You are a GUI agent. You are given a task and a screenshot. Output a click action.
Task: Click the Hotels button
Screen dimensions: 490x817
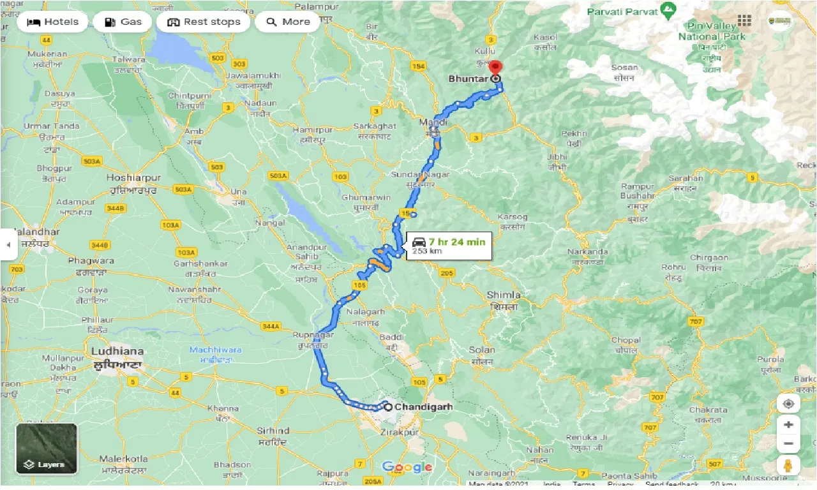point(53,22)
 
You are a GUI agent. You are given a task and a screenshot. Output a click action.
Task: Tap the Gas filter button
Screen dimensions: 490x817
point(122,22)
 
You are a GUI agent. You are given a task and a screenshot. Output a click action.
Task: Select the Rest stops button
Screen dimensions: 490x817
point(204,22)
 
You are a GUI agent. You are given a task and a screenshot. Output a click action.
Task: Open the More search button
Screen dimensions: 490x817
point(287,22)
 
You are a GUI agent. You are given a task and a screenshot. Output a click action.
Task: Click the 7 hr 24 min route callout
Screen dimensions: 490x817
point(449,246)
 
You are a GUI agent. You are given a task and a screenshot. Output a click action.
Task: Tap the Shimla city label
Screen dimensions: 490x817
point(503,295)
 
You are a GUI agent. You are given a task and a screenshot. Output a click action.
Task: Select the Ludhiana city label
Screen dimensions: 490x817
point(116,352)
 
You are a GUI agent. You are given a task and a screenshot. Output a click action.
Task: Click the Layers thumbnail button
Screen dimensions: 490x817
point(47,449)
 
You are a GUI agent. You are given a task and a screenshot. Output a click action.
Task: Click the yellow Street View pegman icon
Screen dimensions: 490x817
point(788,465)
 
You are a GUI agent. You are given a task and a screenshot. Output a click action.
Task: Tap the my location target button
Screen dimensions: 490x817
point(788,404)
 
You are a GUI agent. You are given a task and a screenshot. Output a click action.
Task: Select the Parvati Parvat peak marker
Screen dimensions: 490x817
point(668,11)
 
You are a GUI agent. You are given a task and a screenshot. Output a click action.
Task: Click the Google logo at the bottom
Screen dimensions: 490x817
point(407,468)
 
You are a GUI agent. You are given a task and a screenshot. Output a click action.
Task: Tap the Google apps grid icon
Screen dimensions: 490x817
point(745,21)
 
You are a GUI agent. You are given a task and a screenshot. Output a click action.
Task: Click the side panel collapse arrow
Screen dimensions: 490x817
point(8,244)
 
